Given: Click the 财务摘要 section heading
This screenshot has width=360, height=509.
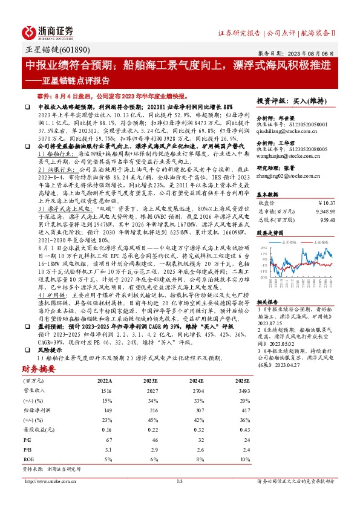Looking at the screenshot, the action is coord(39,368).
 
